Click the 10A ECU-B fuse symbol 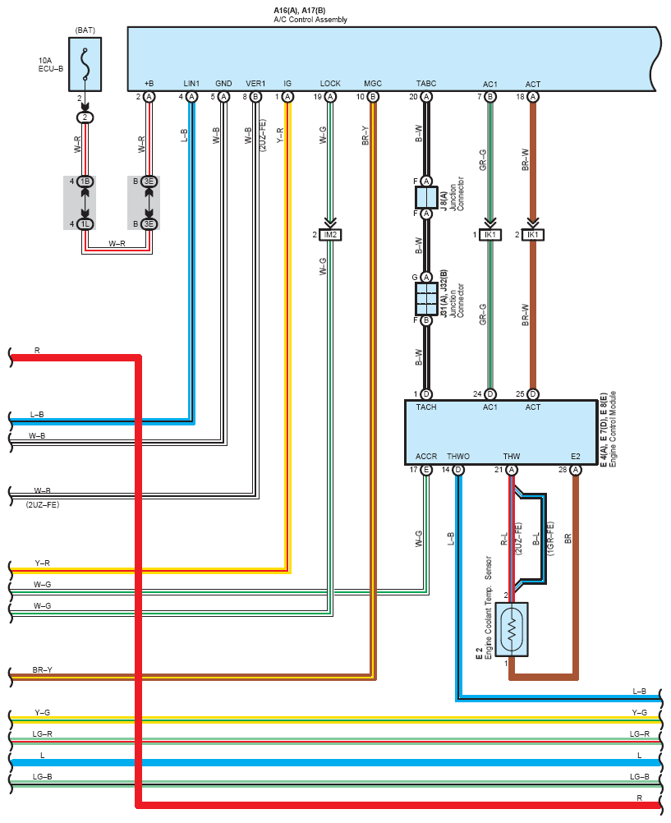[85, 64]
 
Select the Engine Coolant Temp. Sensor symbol [512, 629]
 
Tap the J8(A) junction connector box [426, 197]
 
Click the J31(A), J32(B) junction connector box [426, 299]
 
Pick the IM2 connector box [330, 235]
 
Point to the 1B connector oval [85, 182]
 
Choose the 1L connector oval [85, 224]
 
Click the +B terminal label [149, 84]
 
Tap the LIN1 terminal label [191, 84]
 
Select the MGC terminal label [373, 84]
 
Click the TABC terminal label [426, 84]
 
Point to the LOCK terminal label [330, 84]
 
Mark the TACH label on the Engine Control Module [426, 407]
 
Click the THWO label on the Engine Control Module [458, 456]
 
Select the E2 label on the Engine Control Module [576, 456]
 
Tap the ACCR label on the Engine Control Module [426, 456]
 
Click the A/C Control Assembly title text [310, 20]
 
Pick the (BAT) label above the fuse [85, 30]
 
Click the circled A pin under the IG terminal [287, 97]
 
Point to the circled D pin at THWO [458, 470]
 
